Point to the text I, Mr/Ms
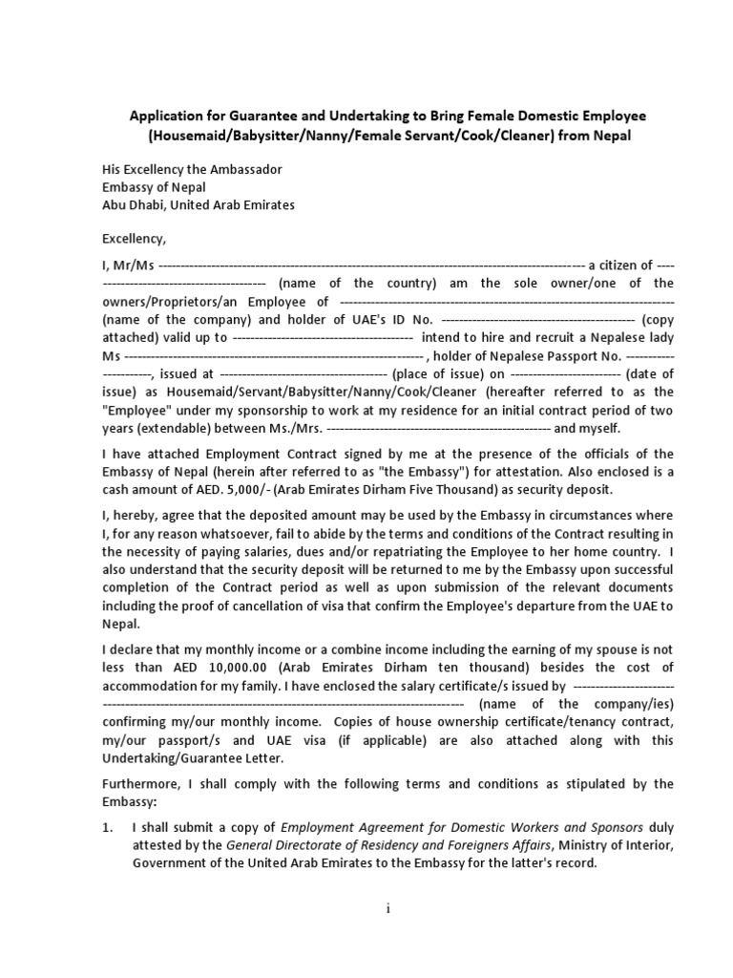[128, 265]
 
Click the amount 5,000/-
[247, 489]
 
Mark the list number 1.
[108, 827]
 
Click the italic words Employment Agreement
[360, 827]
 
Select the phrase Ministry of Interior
[616, 844]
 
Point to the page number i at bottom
[388, 909]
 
